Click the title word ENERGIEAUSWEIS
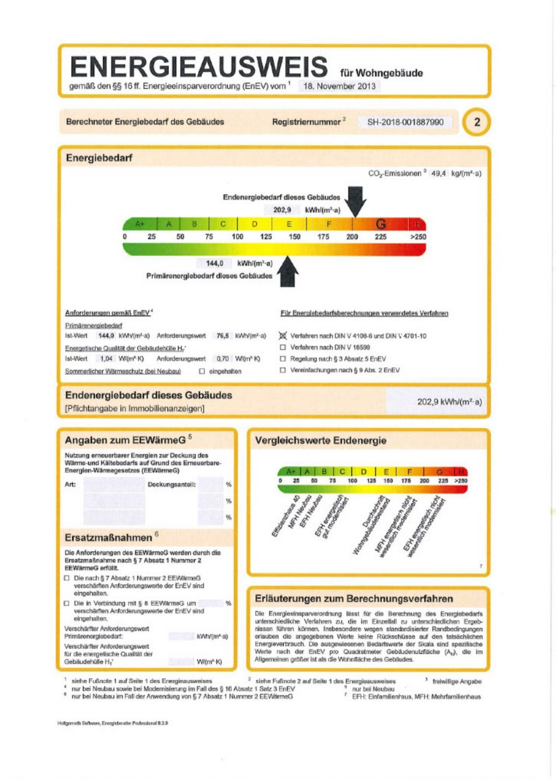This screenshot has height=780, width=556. (x=199, y=67)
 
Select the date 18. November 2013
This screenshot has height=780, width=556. (x=339, y=86)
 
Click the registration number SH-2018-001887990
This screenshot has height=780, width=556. (x=405, y=122)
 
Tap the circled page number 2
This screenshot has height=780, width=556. (x=477, y=122)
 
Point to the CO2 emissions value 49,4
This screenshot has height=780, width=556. (x=438, y=173)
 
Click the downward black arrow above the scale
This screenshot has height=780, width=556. (x=356, y=201)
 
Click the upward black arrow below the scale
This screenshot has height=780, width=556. (x=287, y=272)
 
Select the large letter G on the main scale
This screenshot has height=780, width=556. (x=381, y=224)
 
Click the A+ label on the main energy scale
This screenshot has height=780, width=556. (x=140, y=224)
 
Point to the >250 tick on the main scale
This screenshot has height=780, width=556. (x=418, y=237)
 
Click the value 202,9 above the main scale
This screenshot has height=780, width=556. (x=282, y=210)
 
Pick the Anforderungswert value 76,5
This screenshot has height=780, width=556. (x=222, y=336)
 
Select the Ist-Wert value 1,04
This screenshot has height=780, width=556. (x=106, y=359)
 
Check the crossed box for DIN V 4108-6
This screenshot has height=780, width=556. (x=283, y=336)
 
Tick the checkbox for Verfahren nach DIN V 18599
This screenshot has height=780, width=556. (x=283, y=347)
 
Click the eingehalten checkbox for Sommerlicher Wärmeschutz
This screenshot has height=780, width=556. (x=202, y=371)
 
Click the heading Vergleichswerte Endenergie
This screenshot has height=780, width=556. (x=320, y=440)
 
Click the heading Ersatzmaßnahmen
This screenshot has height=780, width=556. (x=108, y=538)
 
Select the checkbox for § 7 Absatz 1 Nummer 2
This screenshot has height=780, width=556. (x=67, y=578)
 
